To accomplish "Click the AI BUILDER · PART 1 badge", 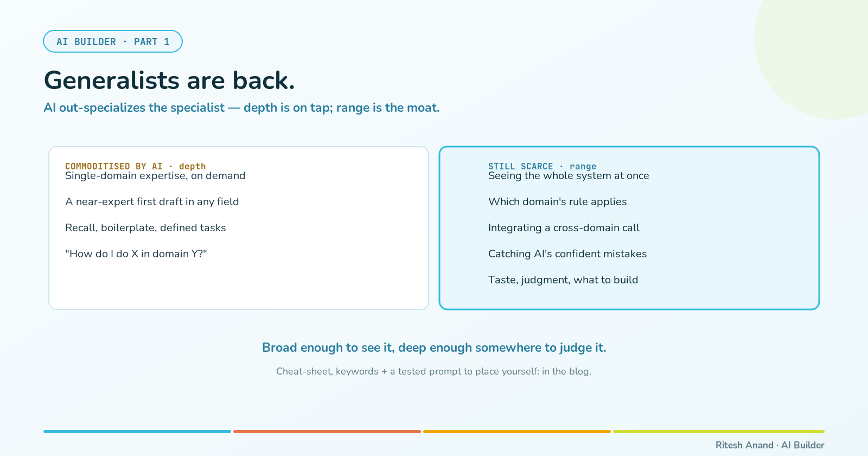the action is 113,41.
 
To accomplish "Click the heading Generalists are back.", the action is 169,81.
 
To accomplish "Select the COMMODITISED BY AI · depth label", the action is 135,166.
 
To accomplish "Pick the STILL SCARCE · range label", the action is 542,166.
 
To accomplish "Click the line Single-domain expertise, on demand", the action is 155,176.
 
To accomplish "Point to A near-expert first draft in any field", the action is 152,201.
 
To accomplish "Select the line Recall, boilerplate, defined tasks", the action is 145,227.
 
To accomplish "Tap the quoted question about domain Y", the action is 136,254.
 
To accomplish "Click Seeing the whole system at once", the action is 569,176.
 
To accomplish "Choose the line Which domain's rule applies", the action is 557,201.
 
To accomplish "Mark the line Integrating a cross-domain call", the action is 564,227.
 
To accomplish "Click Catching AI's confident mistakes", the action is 567,254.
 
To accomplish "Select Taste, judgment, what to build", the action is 563,280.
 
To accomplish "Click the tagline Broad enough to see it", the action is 434,348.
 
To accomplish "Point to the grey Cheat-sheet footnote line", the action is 433,371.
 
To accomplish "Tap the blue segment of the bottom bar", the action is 137,432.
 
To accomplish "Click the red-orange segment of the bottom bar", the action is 327,432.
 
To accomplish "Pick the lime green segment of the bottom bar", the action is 719,432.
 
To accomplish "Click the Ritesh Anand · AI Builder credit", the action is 770,445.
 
